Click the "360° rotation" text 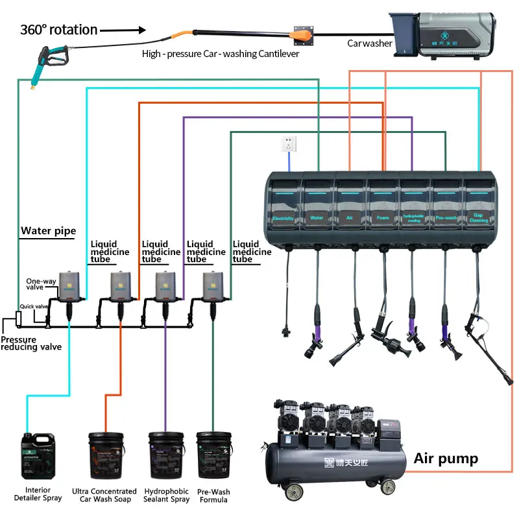click(x=58, y=30)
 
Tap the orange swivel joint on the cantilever click(x=302, y=32)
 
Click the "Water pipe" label click(x=48, y=230)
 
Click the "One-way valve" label click(x=41, y=283)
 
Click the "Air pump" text click(x=446, y=459)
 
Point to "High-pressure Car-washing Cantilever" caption click(x=221, y=54)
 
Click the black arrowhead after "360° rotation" click(x=141, y=30)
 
